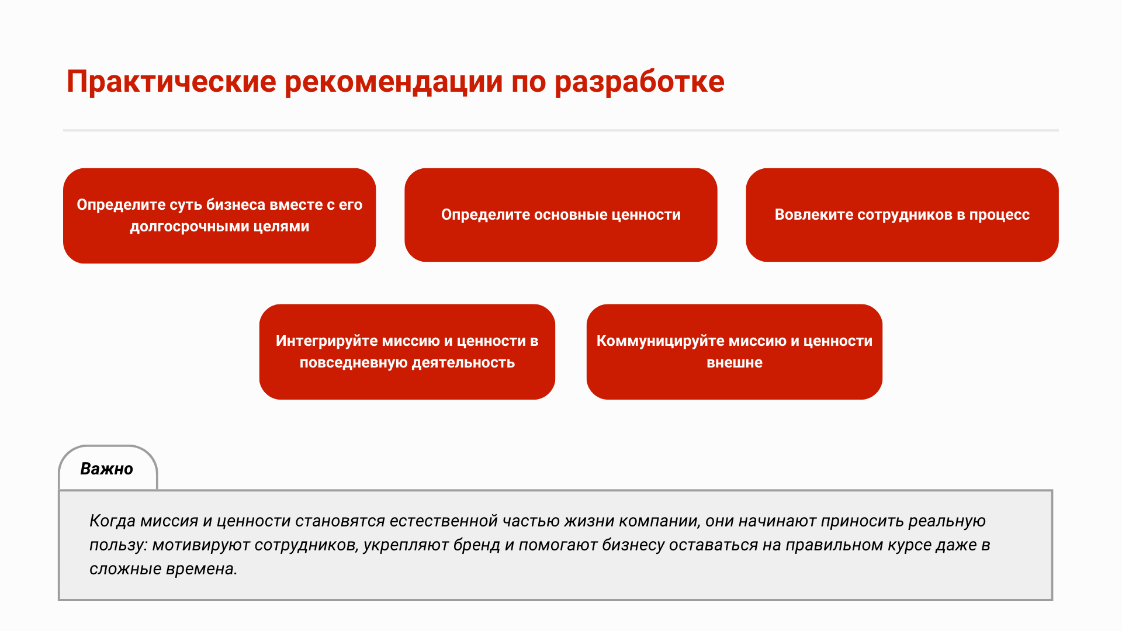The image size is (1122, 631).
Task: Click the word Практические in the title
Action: tap(171, 82)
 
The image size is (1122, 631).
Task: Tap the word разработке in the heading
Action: tap(639, 82)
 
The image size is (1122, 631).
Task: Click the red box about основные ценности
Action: tap(561, 215)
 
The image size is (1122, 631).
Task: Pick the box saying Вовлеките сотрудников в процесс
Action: tap(902, 215)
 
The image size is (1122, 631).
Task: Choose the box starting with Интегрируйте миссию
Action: tap(407, 352)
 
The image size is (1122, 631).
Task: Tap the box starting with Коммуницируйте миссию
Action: tap(735, 352)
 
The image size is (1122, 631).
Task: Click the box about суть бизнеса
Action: tap(220, 216)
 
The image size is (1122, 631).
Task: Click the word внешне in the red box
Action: tap(735, 363)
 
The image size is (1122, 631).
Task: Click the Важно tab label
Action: tap(107, 469)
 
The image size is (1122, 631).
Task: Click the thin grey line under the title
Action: tap(561, 130)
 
